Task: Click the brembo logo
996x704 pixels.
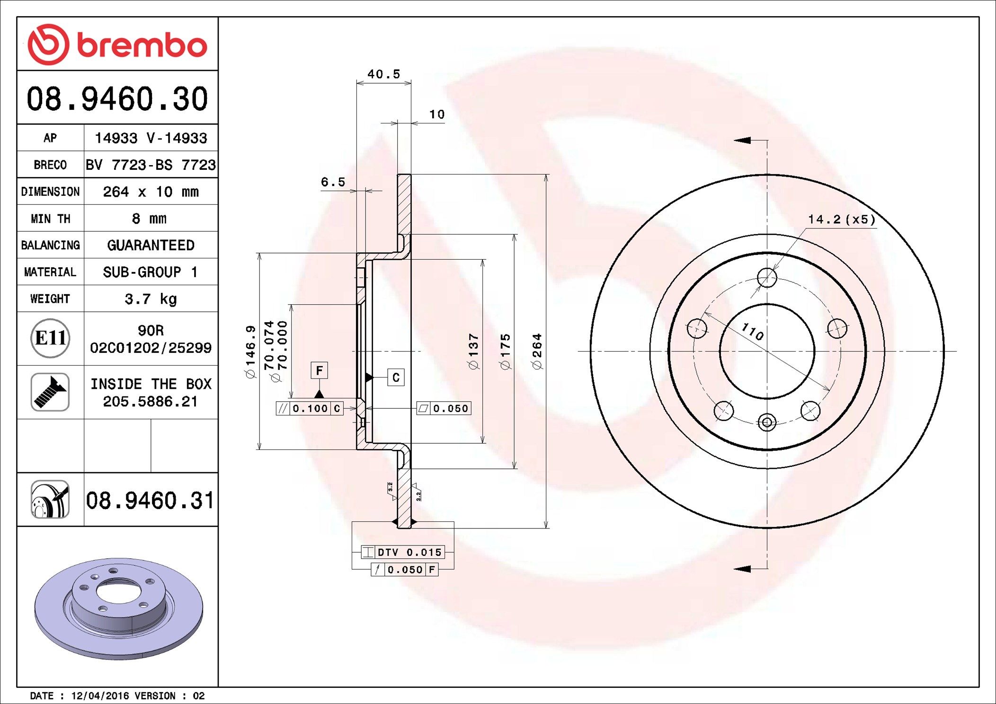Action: (117, 44)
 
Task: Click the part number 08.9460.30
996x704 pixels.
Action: (117, 98)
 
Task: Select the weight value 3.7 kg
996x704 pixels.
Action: (151, 299)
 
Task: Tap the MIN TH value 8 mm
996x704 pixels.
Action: (149, 219)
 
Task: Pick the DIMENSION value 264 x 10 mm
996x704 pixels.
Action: (151, 192)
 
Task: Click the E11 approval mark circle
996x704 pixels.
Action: (50, 338)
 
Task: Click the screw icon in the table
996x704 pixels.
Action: (50, 392)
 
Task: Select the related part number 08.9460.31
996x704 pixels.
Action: (150, 500)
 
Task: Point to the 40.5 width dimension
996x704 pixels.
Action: (383, 74)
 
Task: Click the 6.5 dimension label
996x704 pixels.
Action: (333, 182)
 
